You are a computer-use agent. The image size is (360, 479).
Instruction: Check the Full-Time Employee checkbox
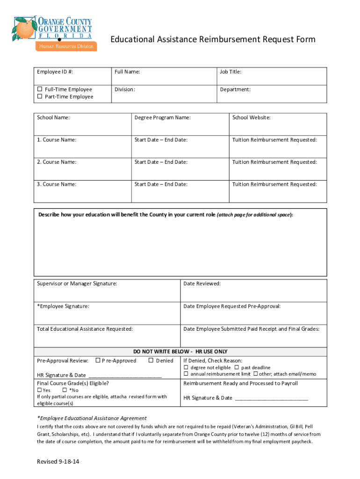pos(40,89)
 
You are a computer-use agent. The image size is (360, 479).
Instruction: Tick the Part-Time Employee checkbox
pos(40,97)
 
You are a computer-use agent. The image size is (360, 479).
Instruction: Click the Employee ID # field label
pos(55,72)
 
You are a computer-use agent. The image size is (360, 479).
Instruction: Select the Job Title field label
pos(230,72)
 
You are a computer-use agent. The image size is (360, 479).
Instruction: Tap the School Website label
pos(251,118)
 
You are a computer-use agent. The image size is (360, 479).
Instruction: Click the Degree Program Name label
pos(162,118)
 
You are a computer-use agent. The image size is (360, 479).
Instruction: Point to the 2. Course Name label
pos(57,162)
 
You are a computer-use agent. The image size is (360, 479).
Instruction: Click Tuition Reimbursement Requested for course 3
pos(274,184)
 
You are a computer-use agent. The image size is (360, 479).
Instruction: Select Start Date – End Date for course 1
pos(161,140)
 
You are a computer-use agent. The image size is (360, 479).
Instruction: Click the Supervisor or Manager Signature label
pos(77,283)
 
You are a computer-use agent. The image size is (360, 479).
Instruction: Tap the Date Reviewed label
pos(202,283)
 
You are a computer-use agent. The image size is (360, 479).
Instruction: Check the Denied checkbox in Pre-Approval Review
pos(151,360)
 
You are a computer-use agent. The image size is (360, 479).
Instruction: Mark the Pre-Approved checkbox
pos(98,360)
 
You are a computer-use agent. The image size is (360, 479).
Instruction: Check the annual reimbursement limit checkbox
pos(186,374)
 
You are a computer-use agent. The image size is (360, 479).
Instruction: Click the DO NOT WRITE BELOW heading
pos(180,351)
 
